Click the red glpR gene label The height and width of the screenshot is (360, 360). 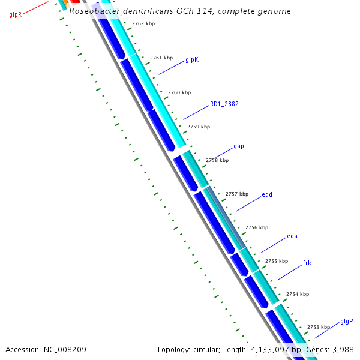coord(16,14)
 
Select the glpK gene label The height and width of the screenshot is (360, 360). coord(192,59)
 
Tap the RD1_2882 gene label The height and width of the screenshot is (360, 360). coord(224,104)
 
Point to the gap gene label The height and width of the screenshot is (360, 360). coord(239,146)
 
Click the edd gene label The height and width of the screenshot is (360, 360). coord(267,194)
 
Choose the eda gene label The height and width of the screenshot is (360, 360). coord(292,236)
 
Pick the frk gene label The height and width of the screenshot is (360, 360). coord(307,263)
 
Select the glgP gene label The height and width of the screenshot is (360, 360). coord(347,321)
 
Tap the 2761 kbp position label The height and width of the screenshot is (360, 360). coord(161,58)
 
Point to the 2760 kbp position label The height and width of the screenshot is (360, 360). coord(179,92)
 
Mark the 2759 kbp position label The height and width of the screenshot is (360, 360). coord(199,127)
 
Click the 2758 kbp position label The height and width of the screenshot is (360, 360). coord(217,160)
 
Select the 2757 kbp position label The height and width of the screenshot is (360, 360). coord(237,194)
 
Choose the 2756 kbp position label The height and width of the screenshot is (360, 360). coord(257,227)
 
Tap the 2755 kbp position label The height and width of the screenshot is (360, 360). coord(277,261)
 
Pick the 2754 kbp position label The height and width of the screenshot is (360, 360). coord(298,294)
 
